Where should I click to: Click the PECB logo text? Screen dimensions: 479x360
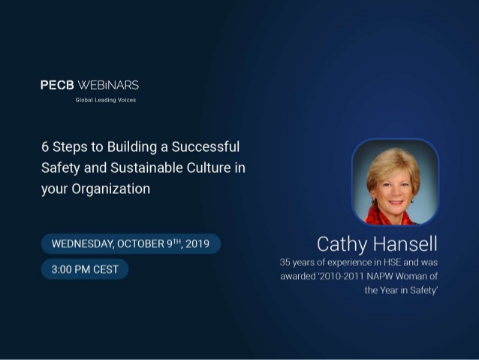[x=57, y=85]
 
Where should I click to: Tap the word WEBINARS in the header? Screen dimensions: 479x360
[x=108, y=85]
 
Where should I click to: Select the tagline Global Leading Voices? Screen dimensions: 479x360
[x=106, y=100]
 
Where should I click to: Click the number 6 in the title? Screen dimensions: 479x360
[x=45, y=147]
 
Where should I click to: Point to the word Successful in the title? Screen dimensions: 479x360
[x=206, y=147]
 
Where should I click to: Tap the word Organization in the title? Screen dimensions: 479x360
[x=111, y=189]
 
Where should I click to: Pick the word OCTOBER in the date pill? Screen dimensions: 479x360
[x=141, y=244]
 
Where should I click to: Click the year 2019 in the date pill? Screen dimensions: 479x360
[x=197, y=244]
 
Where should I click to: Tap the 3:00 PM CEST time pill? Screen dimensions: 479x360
[x=85, y=270]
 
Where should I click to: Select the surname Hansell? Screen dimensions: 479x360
[x=405, y=244]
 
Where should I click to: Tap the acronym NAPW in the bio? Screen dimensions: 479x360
[x=380, y=277]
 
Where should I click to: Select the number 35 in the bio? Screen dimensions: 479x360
[x=285, y=262]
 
